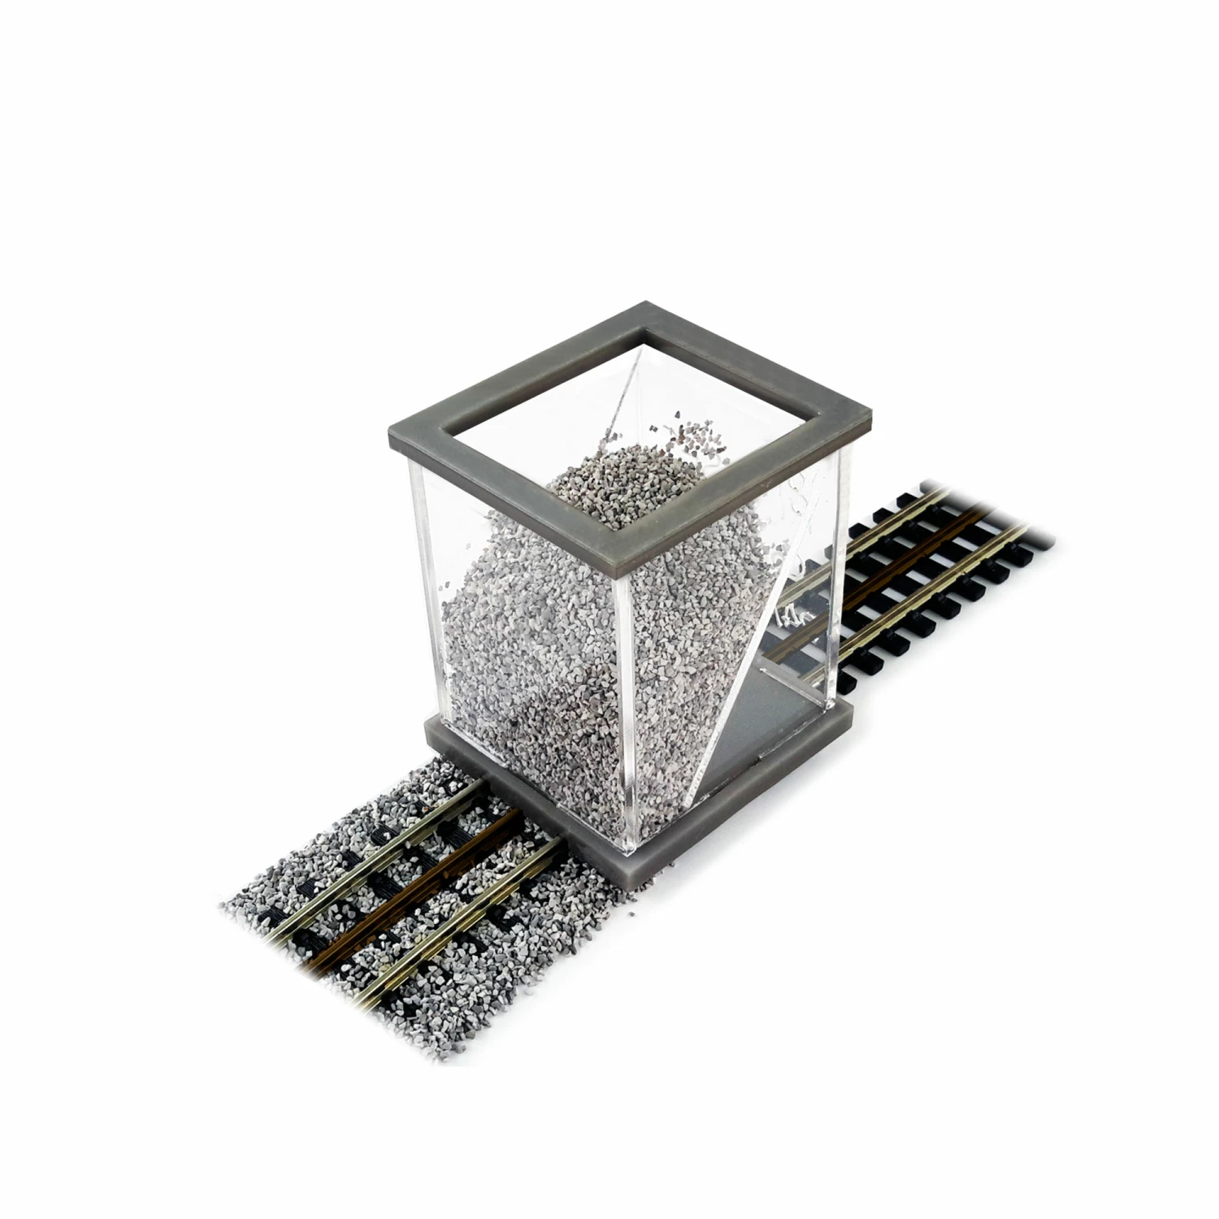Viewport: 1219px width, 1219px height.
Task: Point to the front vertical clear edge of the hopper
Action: [624, 699]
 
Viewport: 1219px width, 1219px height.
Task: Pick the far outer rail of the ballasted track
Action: [382, 821]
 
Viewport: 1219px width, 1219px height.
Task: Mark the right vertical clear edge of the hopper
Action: [845, 569]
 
